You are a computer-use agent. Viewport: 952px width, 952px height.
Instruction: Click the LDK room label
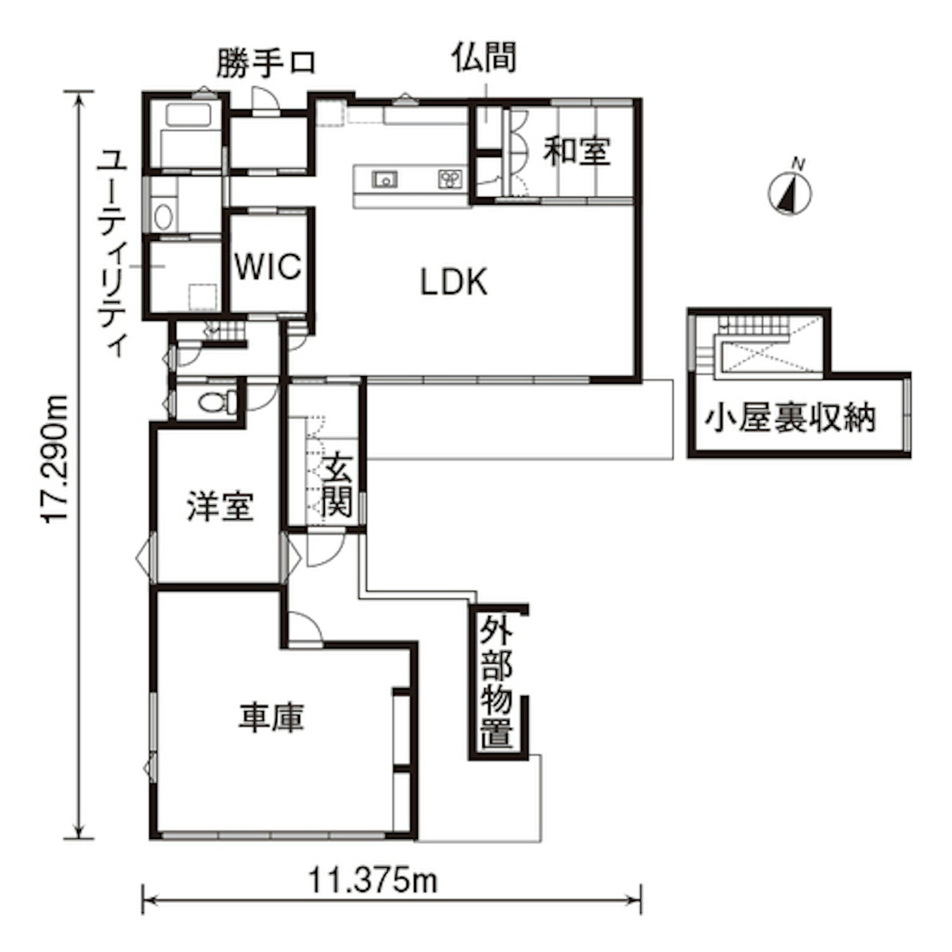click(x=454, y=282)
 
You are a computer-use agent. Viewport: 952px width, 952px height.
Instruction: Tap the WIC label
click(x=268, y=267)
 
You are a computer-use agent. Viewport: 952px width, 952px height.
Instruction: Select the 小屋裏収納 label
click(x=790, y=419)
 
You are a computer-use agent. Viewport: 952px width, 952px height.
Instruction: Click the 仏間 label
click(x=484, y=57)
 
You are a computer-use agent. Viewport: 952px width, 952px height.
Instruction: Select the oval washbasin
click(x=164, y=216)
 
